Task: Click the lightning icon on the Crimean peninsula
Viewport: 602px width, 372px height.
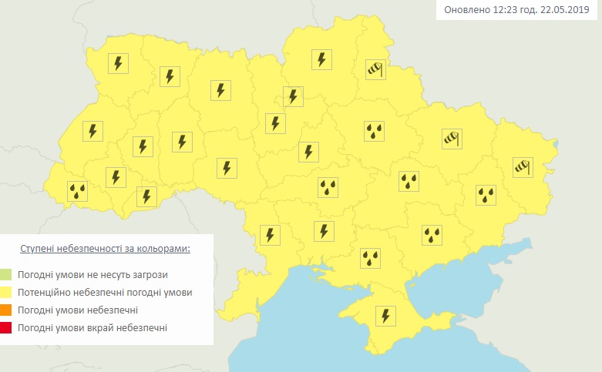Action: [383, 316]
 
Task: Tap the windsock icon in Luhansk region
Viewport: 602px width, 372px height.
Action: [523, 166]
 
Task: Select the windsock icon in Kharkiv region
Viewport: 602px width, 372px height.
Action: [451, 139]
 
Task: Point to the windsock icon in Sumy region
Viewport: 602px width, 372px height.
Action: [375, 69]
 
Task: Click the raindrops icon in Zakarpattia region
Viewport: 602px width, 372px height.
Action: [77, 192]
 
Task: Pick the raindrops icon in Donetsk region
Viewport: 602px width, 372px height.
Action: [486, 195]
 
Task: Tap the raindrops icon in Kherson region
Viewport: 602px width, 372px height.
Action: [372, 258]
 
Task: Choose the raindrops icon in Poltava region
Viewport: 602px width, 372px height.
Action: [375, 131]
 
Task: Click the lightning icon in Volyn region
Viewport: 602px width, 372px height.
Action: [118, 63]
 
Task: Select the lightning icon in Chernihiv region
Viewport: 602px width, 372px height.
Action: [321, 59]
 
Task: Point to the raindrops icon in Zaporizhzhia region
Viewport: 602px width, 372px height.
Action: [432, 235]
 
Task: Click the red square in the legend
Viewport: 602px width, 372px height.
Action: [7, 328]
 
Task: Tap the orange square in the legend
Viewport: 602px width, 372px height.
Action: [7, 310]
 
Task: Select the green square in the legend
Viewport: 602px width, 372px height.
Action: [7, 274]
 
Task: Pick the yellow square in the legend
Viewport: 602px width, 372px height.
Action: [7, 293]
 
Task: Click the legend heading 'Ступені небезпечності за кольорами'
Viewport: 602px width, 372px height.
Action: [105, 250]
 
